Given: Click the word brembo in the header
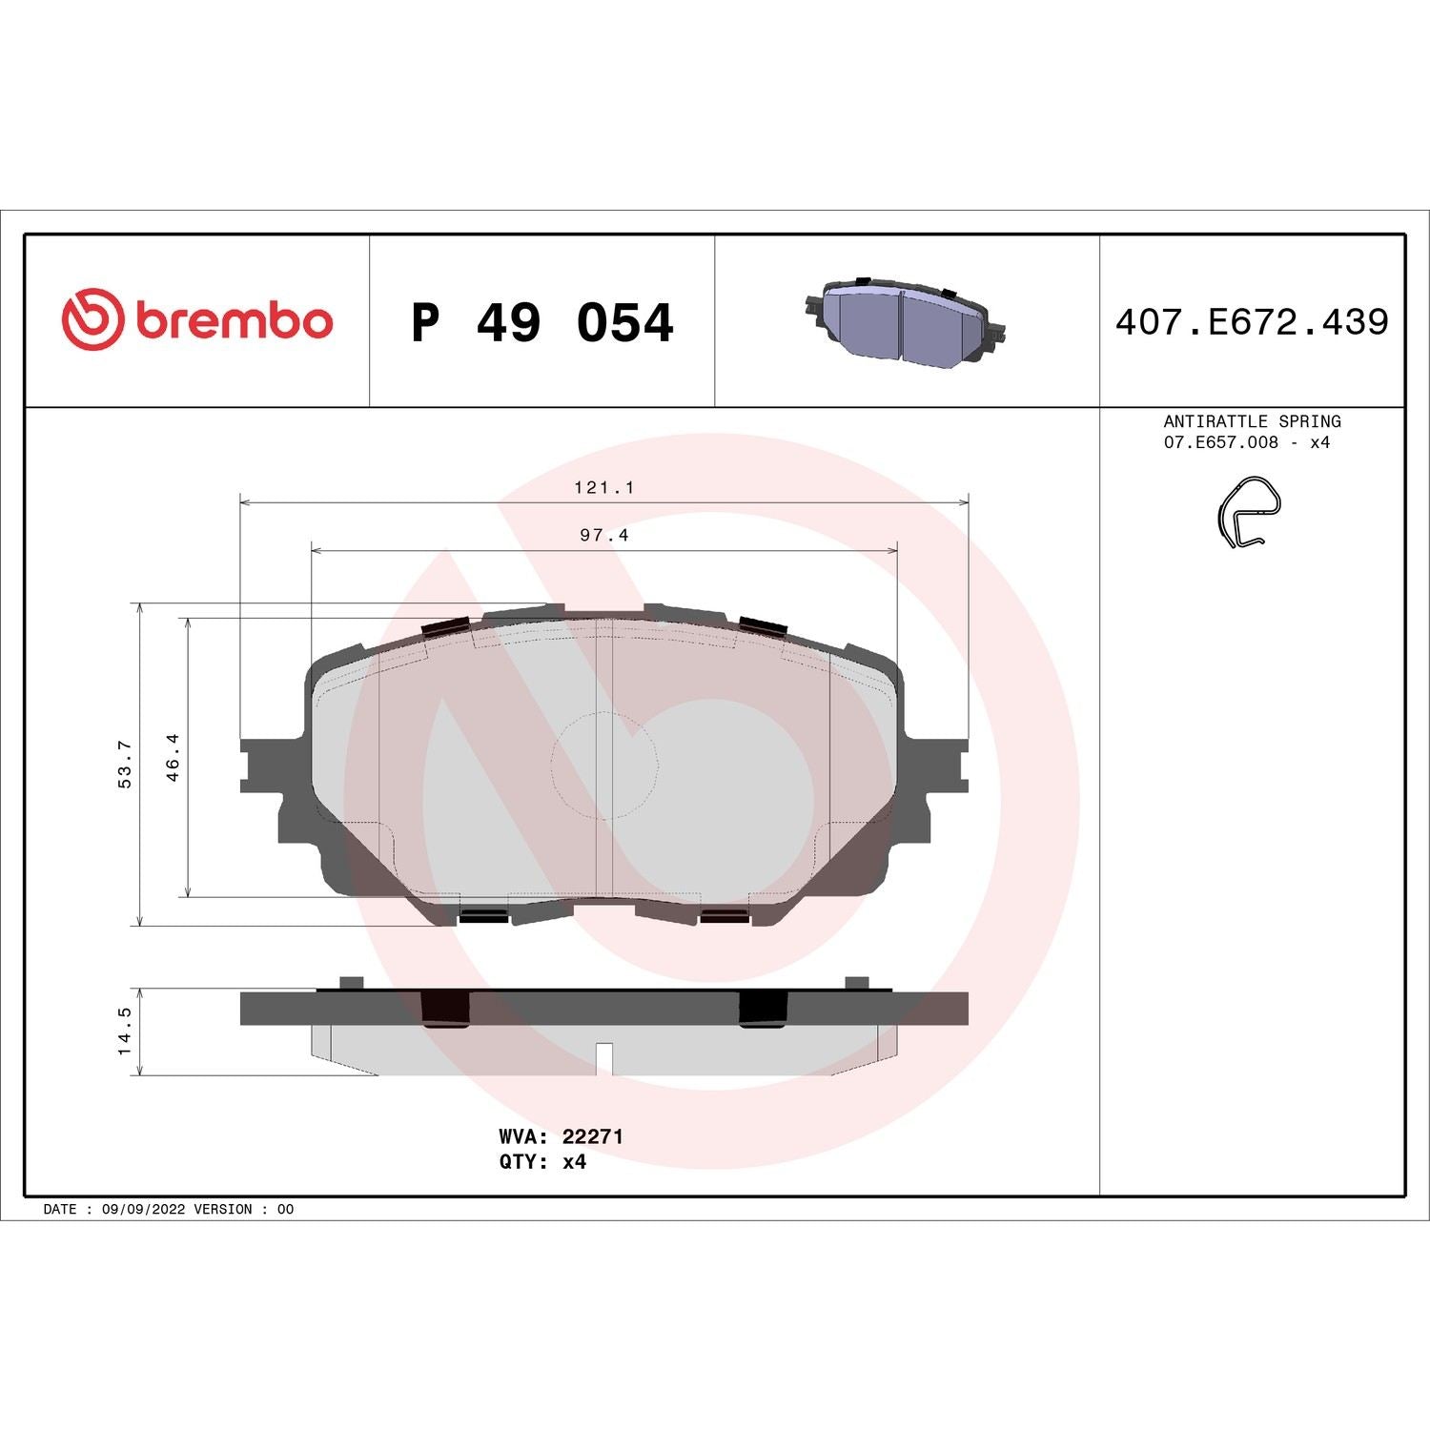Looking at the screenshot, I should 235,321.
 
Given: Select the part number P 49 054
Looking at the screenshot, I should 541,322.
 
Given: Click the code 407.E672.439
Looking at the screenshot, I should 1252,322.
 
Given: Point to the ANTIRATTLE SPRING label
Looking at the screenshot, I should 1252,421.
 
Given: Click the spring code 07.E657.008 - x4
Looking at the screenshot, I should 1246,442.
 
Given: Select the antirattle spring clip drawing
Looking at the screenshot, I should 1249,513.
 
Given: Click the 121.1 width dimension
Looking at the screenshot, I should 603,487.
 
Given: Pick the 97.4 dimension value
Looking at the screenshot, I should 603,536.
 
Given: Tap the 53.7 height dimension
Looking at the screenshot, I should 124,764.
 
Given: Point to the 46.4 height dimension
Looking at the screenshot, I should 173,757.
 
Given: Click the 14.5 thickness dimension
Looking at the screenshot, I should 124,1032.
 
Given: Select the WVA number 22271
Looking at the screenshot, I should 592,1136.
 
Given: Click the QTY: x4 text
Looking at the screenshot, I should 542,1162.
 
